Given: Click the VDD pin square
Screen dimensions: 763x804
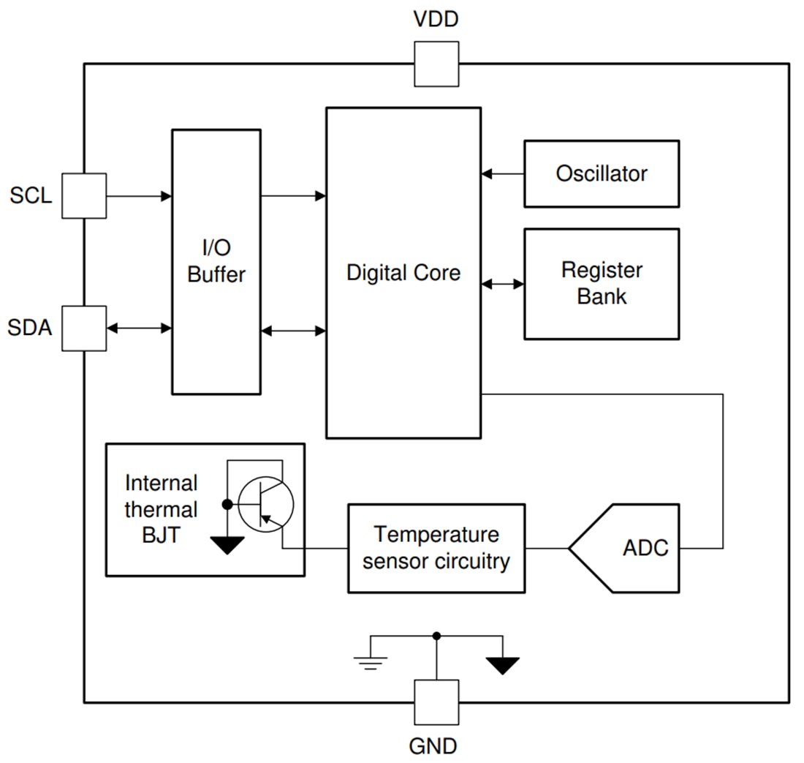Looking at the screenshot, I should tap(436, 64).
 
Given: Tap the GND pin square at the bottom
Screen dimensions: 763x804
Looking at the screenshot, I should tap(436, 702).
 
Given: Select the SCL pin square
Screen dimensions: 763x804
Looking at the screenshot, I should tap(84, 195).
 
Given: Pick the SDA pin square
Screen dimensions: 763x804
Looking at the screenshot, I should tap(84, 328).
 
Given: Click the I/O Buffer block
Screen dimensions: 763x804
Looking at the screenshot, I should tap(216, 262).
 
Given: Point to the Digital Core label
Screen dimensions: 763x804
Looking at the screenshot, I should tap(403, 273).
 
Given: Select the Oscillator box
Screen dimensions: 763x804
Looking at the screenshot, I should tap(602, 174).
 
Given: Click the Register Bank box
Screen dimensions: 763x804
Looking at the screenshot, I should tap(602, 284).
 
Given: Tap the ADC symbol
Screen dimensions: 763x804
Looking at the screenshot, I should tap(626, 548).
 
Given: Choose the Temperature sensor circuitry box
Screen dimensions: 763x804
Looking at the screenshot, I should tap(436, 548).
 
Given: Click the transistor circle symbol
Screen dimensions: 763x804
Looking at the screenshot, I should tap(266, 503).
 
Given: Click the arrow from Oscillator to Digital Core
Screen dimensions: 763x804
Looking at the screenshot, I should tap(503, 174).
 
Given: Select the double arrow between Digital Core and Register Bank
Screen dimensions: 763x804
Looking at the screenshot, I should tap(503, 284).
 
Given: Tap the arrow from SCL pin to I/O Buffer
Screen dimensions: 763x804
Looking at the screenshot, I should tap(139, 196).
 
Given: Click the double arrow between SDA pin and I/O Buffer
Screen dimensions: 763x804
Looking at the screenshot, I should tap(139, 328).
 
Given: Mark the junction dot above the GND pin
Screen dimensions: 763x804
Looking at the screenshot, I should tap(436, 636).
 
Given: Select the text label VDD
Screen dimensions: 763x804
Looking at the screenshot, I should tap(436, 19).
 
